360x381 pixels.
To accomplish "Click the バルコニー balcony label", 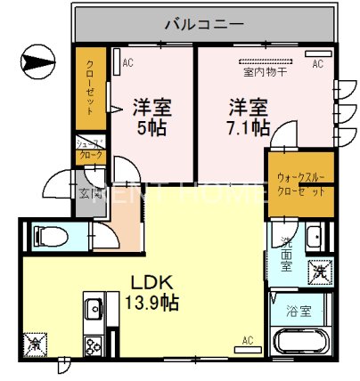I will pyautogui.click(x=203, y=23).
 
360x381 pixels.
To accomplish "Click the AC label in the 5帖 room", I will pyautogui.click(x=127, y=62).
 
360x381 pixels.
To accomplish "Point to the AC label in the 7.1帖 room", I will pyautogui.click(x=316, y=64).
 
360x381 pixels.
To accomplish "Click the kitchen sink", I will pyautogui.click(x=93, y=310).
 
